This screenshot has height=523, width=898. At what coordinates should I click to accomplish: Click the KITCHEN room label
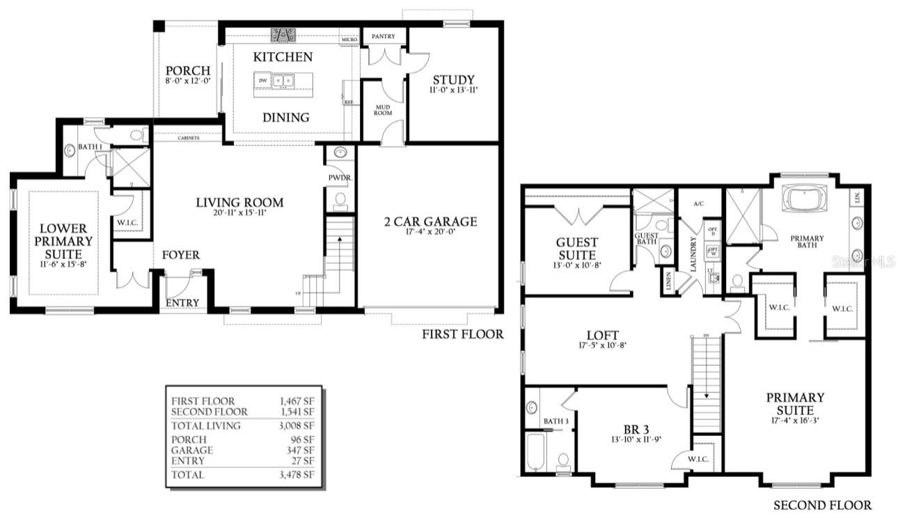tap(283, 57)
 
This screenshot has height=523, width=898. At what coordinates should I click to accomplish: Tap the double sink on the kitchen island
tap(282, 81)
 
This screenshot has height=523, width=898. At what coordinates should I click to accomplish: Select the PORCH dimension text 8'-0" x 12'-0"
tap(188, 81)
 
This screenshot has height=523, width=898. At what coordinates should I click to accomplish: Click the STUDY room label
tap(453, 79)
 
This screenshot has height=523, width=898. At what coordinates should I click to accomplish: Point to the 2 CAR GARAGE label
tap(430, 222)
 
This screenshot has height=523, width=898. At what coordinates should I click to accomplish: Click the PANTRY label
tap(384, 36)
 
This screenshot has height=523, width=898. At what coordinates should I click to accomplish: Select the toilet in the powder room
tap(340, 201)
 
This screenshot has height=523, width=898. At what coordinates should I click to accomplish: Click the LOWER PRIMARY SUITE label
tap(63, 240)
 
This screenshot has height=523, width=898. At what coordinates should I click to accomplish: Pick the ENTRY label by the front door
tap(182, 303)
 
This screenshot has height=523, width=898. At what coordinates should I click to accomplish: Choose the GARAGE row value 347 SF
tap(301, 451)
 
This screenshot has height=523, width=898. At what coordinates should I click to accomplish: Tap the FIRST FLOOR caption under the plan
tap(462, 334)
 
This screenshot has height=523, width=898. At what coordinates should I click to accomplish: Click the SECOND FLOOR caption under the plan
tap(822, 505)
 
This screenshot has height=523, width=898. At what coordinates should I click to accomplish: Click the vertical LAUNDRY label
tap(693, 254)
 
